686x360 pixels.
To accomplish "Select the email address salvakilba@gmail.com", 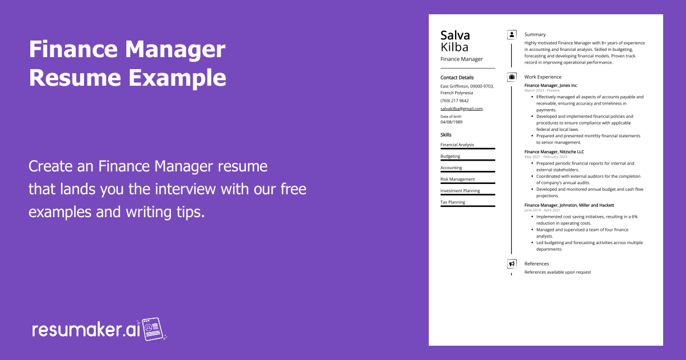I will coord(461,109).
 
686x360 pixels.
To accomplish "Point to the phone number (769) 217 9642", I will coord(454,101).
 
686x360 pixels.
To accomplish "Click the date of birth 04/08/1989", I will coord(452,122).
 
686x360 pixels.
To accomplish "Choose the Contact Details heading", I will coord(457,78).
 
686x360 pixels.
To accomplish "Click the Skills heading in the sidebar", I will coord(446,135).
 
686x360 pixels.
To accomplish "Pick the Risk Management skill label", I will coord(457,179).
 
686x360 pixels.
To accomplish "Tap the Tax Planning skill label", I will coord(453,202).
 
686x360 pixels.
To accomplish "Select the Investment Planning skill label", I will coord(460,191).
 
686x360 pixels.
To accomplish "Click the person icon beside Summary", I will coord(512,34).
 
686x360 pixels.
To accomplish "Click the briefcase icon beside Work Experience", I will coord(512,77).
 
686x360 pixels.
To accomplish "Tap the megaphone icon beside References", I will coord(512,264).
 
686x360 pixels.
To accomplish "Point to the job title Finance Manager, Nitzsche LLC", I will coord(554,152).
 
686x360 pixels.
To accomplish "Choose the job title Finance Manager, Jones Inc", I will coord(551,85).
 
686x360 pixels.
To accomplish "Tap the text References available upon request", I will coord(557,272).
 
